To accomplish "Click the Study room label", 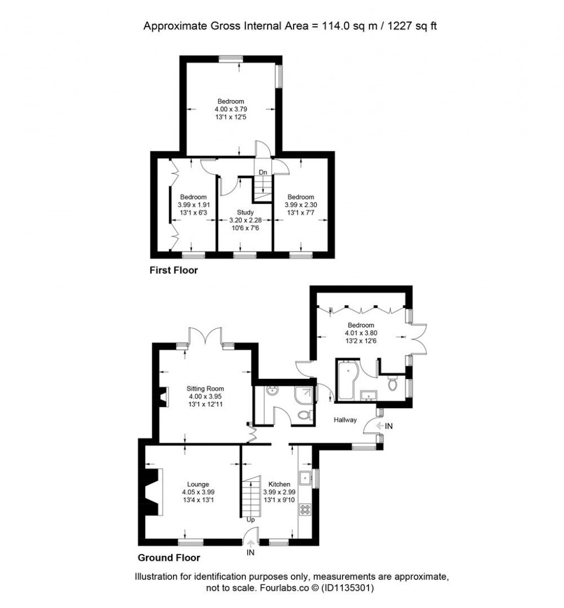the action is (245, 212).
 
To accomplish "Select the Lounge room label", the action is (198, 484).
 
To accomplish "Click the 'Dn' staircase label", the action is (263, 172).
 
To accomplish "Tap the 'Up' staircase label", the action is (251, 519).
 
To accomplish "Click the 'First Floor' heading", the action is (173, 270).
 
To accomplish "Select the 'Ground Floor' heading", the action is (169, 557).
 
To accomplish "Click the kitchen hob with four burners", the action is (305, 509).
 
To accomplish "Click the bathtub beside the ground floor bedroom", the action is (346, 380).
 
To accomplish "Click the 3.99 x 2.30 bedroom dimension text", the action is (301, 204).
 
